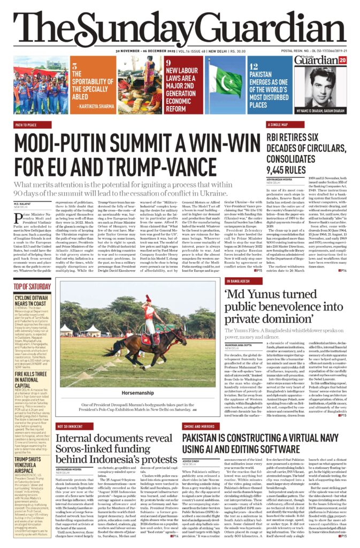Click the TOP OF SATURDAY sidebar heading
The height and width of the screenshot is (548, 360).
[32, 286]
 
